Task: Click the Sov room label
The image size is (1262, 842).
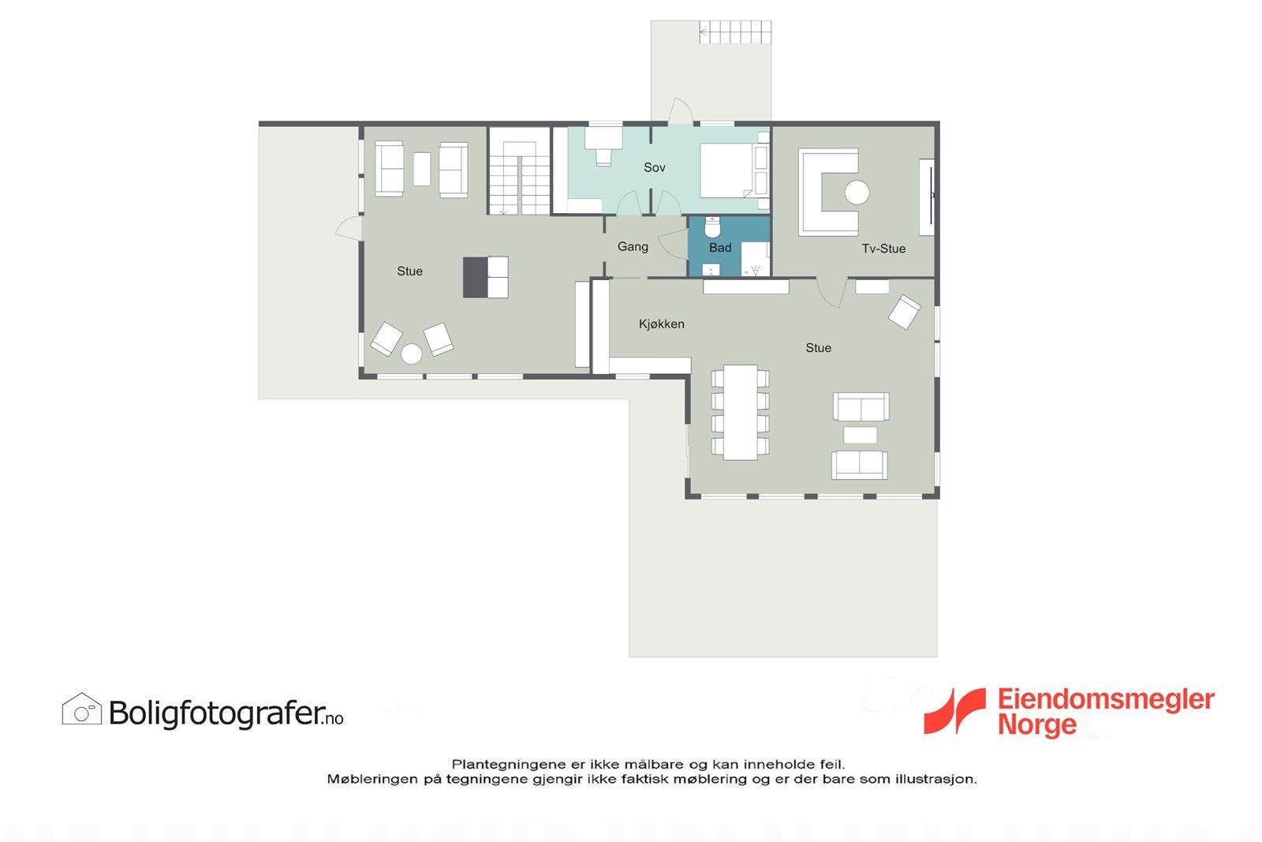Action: [654, 167]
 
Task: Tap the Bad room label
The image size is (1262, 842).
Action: [719, 248]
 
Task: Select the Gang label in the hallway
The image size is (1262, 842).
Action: [633, 247]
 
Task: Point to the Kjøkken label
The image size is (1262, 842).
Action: [661, 324]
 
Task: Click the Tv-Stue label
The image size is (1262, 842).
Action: [883, 249]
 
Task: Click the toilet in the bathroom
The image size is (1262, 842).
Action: [712, 227]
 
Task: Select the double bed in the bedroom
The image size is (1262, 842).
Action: [733, 170]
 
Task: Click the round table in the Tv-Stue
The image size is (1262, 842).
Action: [857, 192]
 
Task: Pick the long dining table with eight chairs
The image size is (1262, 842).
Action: [740, 411]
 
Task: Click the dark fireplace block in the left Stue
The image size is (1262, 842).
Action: [475, 277]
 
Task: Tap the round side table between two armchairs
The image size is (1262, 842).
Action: [411, 354]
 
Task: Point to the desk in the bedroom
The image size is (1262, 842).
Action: [602, 139]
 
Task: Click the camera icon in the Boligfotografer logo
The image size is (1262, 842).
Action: [82, 710]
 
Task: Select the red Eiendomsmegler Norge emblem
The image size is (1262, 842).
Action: [955, 710]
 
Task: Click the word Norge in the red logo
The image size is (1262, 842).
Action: [1036, 724]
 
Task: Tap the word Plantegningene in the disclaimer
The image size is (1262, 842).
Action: [508, 764]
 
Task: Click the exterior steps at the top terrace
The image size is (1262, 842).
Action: [734, 32]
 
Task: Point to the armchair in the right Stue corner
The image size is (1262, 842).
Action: [904, 312]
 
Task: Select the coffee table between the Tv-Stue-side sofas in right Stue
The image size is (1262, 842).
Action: [860, 435]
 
